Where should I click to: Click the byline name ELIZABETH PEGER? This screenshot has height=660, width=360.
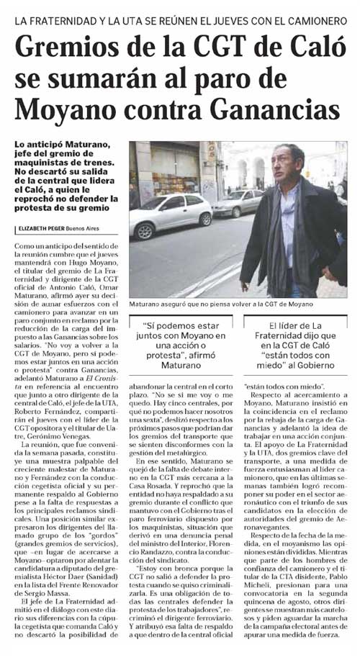click(x=45, y=229)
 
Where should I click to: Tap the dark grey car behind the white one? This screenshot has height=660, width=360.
click(x=238, y=202)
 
